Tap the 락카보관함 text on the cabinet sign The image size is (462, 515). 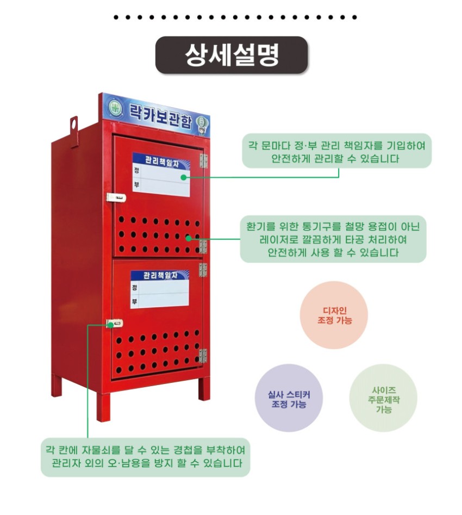point(160,115)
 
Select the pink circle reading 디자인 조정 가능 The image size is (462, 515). point(334,315)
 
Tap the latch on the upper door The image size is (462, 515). point(116,197)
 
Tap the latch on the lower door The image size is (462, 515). point(115,323)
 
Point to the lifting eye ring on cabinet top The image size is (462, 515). point(73,125)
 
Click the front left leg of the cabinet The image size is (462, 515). point(103,405)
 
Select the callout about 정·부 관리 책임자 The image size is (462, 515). point(336,151)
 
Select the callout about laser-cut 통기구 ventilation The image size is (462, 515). point(333,239)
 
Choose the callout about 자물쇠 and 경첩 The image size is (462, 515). point(145,457)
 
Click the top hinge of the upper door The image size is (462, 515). point(204,160)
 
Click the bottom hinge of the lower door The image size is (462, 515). point(203,356)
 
